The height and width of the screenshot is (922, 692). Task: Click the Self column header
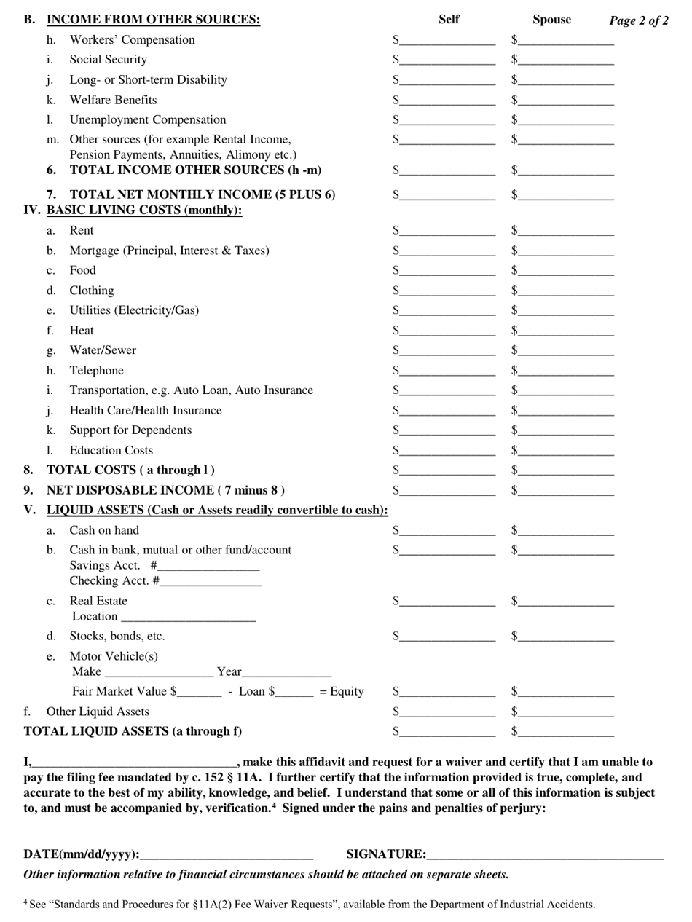tap(449, 20)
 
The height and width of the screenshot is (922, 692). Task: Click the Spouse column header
tap(551, 20)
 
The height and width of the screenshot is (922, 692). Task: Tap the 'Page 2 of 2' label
tap(638, 20)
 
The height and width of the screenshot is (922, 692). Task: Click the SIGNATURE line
tap(546, 854)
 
